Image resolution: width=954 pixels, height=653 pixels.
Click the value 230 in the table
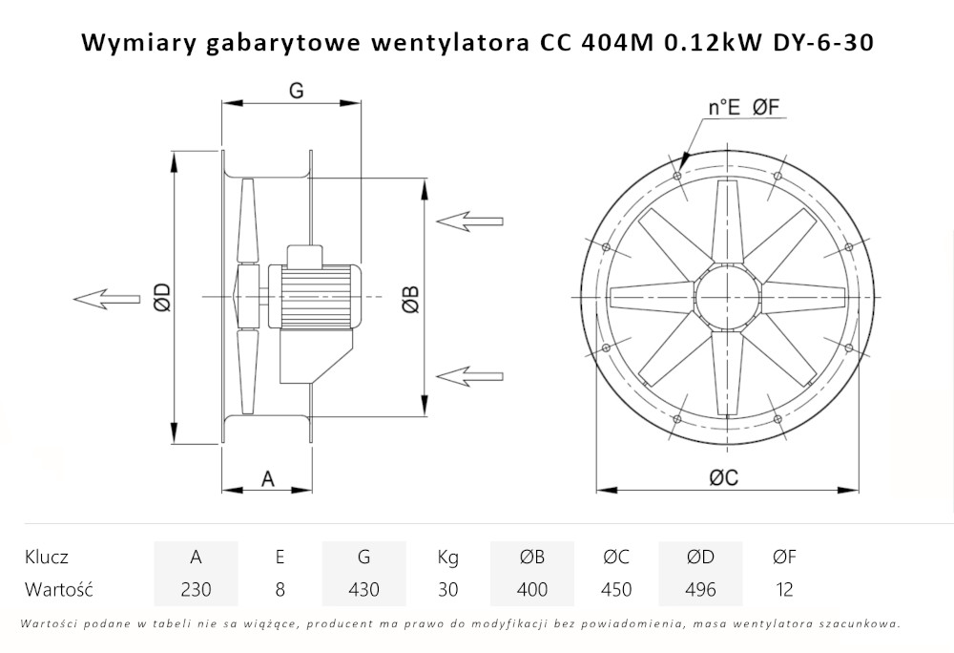(196, 589)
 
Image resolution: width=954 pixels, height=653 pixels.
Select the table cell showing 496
(700, 589)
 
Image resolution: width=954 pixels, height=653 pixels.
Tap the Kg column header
(447, 558)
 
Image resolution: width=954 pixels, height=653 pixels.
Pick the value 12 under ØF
(784, 589)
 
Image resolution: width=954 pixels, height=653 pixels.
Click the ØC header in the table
(617, 558)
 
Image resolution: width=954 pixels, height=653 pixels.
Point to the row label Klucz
(47, 558)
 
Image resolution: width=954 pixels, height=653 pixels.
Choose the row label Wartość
(58, 589)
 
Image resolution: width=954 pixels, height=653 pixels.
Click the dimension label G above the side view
(296, 90)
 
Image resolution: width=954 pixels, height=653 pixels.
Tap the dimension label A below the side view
(268, 479)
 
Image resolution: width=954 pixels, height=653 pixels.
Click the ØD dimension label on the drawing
(161, 298)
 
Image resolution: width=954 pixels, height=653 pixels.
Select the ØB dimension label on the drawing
(409, 298)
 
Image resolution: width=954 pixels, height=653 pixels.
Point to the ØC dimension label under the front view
(723, 479)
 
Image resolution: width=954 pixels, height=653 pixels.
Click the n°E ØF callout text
(743, 108)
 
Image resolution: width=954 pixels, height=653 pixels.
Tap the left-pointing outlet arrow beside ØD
(105, 298)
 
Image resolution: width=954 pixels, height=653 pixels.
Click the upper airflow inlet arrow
(468, 221)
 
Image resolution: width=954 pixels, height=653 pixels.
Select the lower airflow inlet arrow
(468, 373)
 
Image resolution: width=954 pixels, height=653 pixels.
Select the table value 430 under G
(363, 589)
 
